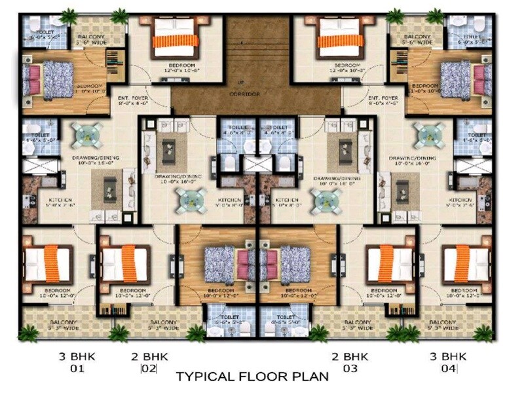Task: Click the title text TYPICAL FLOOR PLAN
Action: (252, 377)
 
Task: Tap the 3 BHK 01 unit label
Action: (72, 362)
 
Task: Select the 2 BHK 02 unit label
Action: (149, 362)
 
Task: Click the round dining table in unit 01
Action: (86, 135)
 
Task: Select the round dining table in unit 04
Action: (430, 135)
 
